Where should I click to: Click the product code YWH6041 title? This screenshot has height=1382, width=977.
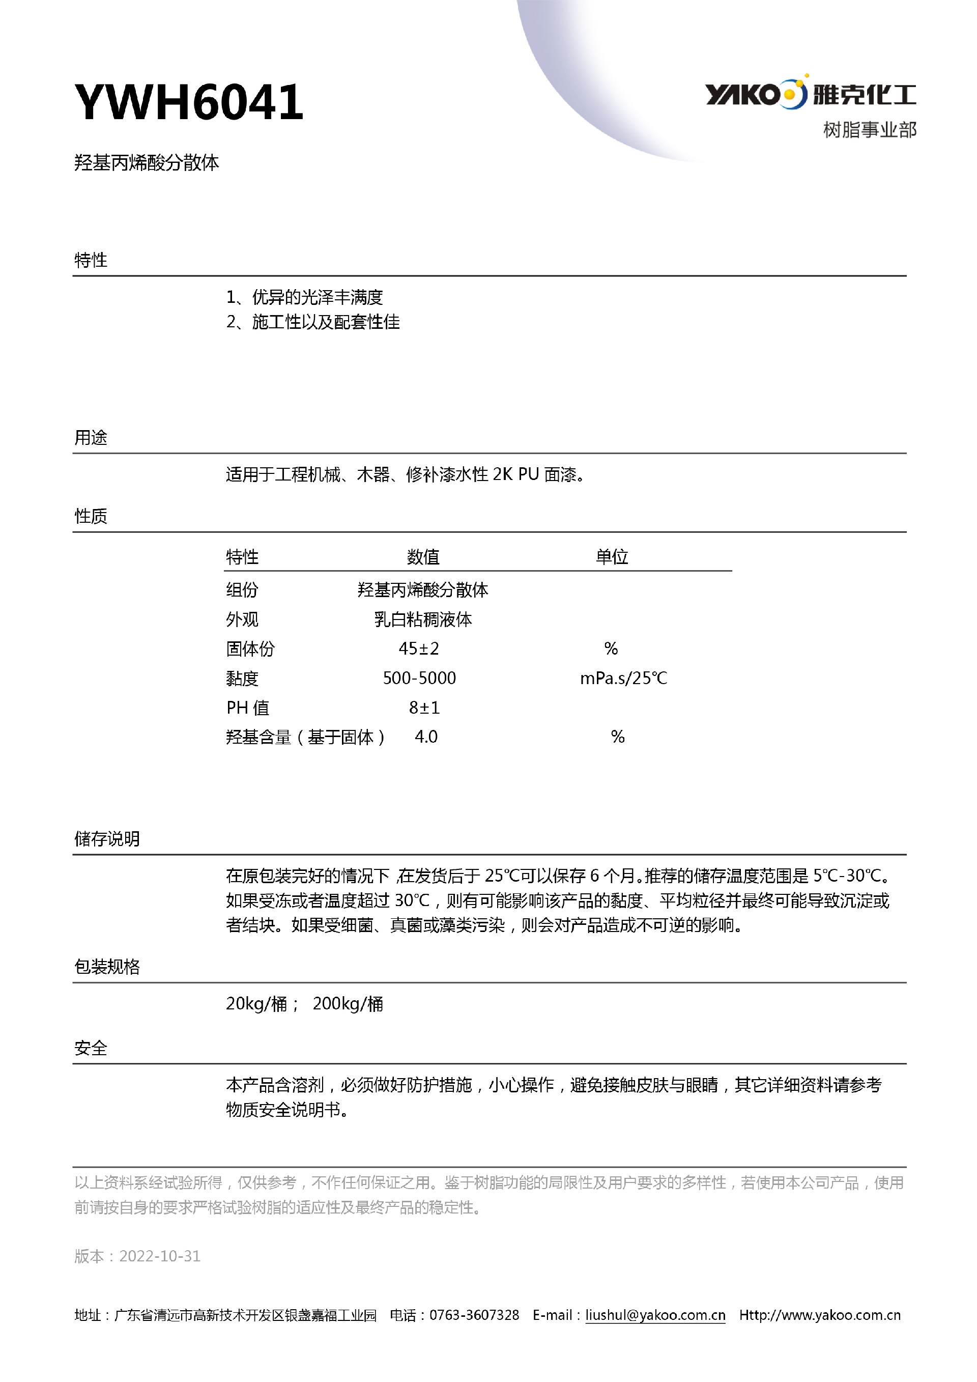(189, 102)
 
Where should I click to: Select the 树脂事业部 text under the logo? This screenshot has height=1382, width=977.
(869, 130)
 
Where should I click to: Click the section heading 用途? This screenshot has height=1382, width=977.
(91, 438)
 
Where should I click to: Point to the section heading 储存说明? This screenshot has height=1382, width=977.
(107, 838)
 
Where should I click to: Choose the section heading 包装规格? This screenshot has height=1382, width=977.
(107, 967)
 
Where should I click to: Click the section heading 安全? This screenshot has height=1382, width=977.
(91, 1048)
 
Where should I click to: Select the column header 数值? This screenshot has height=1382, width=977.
(423, 557)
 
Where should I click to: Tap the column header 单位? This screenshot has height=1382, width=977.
(612, 557)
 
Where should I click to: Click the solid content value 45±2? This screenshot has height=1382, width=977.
(419, 649)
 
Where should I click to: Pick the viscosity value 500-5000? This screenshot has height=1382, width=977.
(419, 679)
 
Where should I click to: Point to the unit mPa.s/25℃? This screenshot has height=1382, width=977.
(623, 679)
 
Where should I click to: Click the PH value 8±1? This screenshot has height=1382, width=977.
(424, 708)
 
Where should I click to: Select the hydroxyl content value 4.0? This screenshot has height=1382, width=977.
(426, 737)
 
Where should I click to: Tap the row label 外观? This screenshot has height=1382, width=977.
(242, 619)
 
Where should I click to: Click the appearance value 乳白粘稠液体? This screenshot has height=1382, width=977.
(423, 619)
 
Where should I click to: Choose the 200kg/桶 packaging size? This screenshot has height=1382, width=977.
(348, 1004)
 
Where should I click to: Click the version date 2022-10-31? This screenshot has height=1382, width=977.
(159, 1256)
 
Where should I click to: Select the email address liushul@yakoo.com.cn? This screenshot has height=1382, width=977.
(655, 1315)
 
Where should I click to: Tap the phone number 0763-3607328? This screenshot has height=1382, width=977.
(474, 1315)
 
